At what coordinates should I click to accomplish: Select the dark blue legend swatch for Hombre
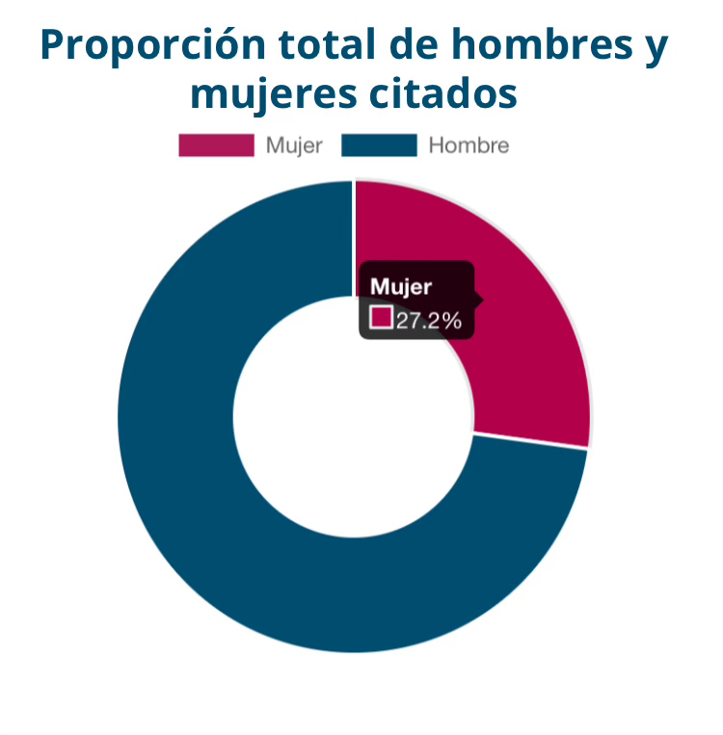click(x=379, y=145)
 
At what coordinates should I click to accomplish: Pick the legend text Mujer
click(x=294, y=146)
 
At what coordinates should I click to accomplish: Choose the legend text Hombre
click(x=469, y=146)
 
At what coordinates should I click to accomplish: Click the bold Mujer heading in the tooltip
click(x=401, y=286)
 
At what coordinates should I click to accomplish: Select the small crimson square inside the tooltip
click(x=382, y=318)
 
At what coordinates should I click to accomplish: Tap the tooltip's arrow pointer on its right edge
click(x=479, y=300)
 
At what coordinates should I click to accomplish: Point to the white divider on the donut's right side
click(x=530, y=441)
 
